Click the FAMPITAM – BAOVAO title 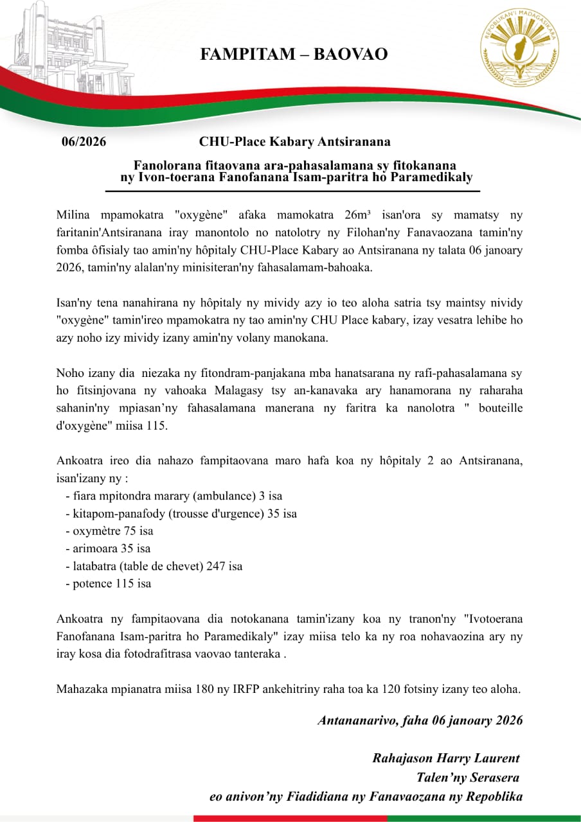[x=294, y=54]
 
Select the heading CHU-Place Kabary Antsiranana [x=294, y=141]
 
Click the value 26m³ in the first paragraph [x=360, y=215]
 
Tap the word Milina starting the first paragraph [x=71, y=215]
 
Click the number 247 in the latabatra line [x=217, y=566]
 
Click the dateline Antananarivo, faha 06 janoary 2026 [x=420, y=720]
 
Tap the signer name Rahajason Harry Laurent [x=446, y=758]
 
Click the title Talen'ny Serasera [x=468, y=778]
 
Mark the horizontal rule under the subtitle [x=292, y=191]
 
